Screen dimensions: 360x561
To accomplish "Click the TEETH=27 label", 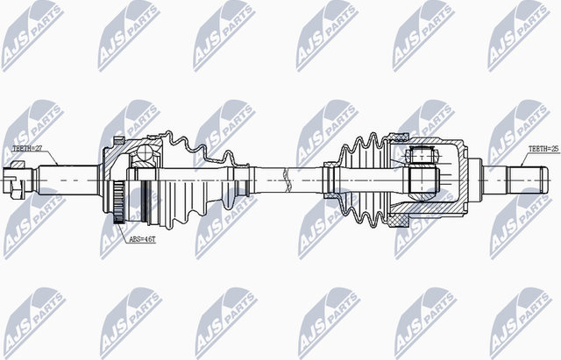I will pyautogui.click(x=26, y=149).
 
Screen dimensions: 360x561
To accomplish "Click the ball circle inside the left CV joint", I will pyautogui.click(x=145, y=158).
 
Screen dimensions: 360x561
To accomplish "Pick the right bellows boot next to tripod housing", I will pyautogui.click(x=361, y=180).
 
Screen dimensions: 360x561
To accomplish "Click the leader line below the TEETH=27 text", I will pyautogui.click(x=48, y=159).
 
